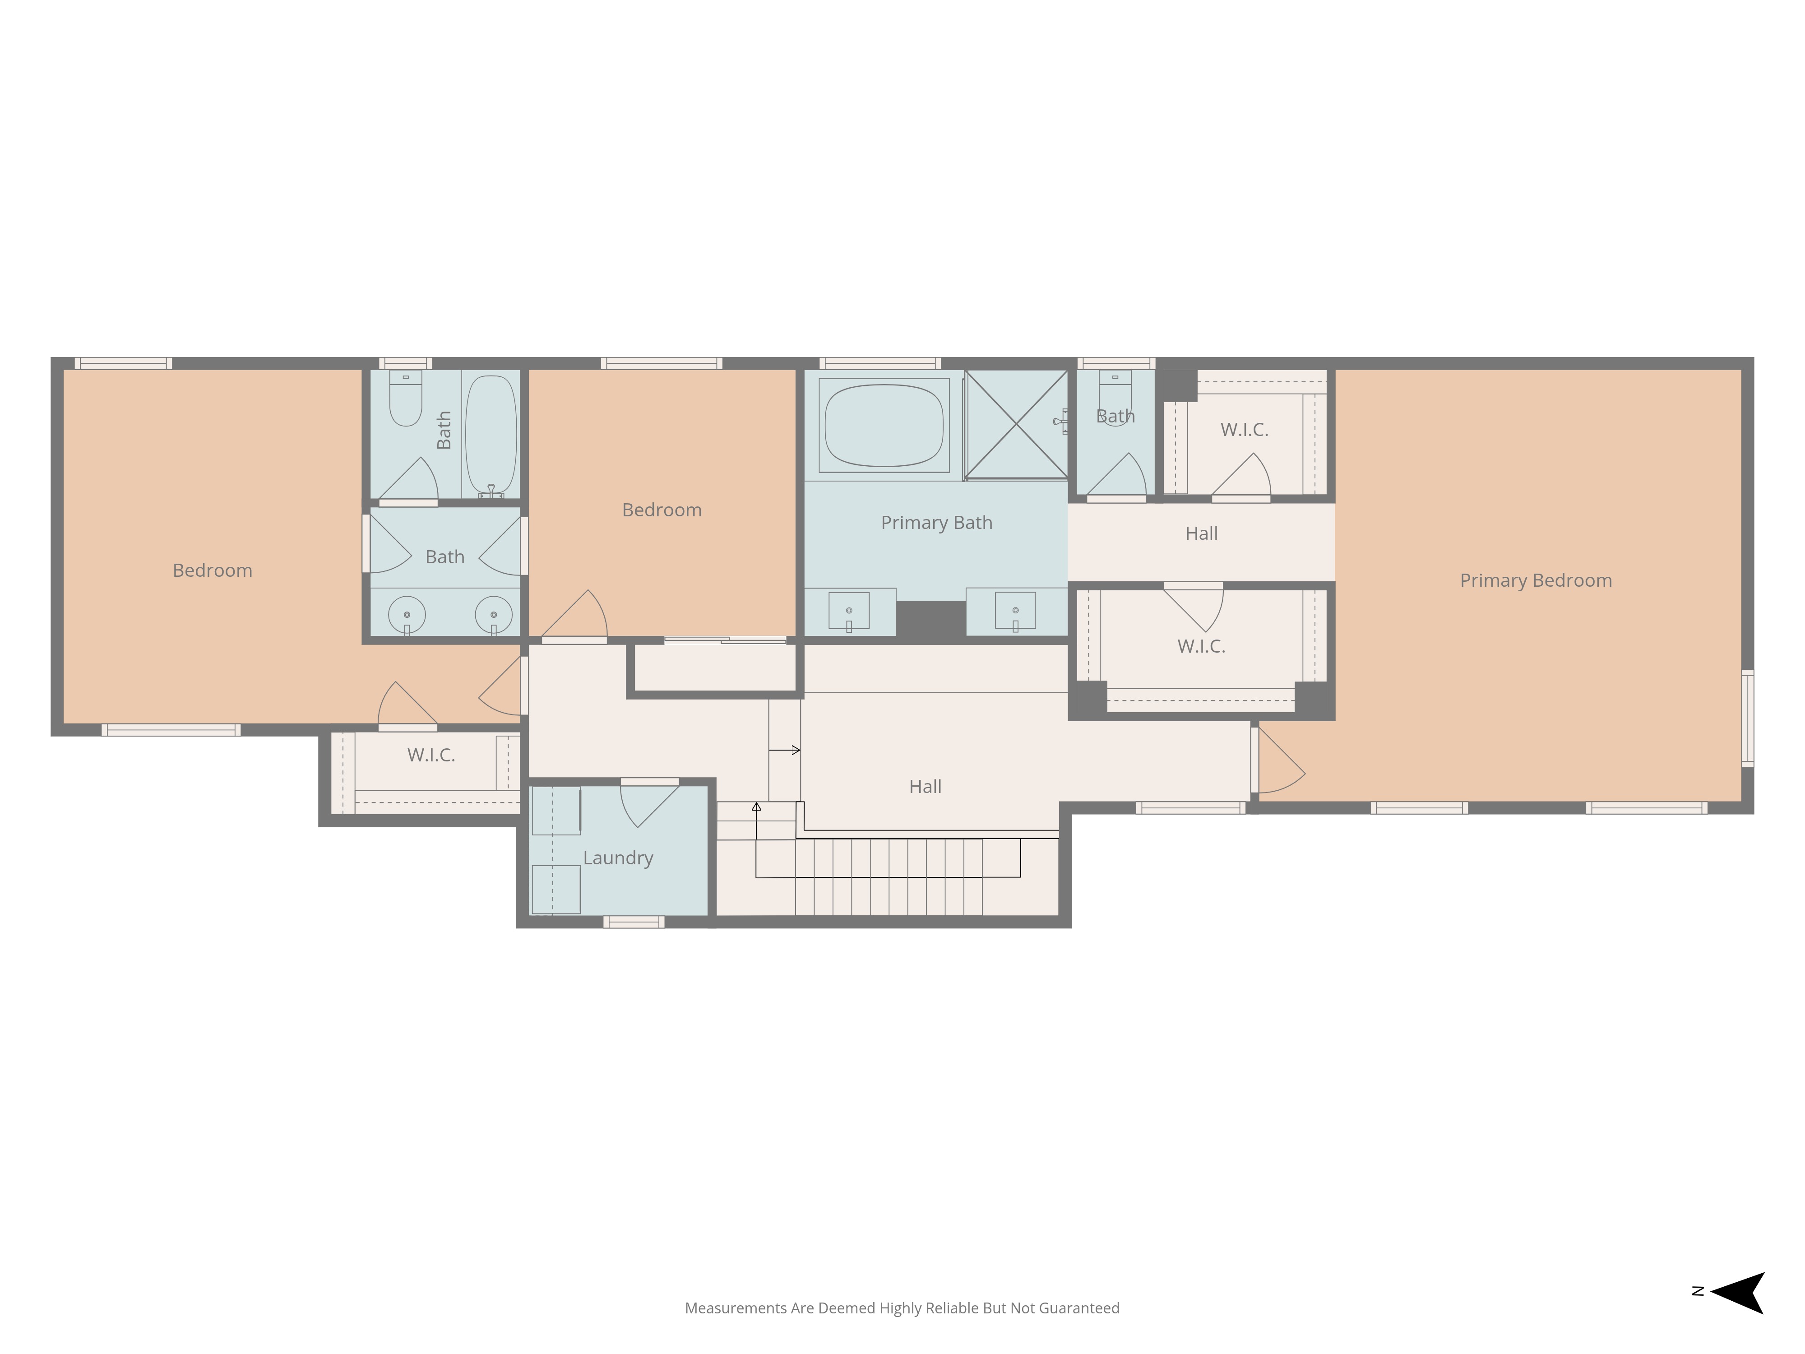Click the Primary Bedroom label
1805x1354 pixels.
1536,580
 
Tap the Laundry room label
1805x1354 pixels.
618,858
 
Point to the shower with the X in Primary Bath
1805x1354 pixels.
1016,424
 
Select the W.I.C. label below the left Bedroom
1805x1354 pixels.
431,755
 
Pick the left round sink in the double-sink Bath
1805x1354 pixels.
407,615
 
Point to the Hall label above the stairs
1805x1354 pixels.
926,787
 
